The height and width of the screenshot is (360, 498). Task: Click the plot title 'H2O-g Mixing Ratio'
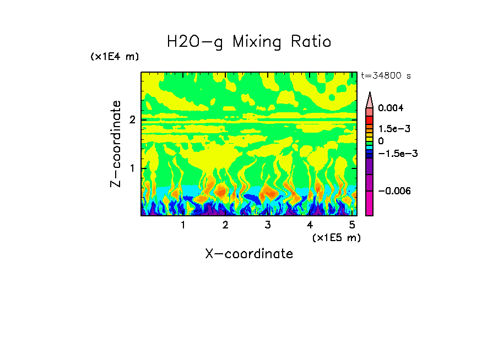249,42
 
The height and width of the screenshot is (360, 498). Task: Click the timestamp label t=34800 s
386,75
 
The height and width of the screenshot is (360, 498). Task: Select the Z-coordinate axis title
116,144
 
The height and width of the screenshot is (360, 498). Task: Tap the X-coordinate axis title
249,254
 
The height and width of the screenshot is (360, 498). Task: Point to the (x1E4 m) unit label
115,57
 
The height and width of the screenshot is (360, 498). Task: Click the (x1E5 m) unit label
336,237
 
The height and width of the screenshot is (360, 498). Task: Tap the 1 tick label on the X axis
183,225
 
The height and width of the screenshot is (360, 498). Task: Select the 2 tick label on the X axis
225,225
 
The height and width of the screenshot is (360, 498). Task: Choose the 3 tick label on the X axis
268,225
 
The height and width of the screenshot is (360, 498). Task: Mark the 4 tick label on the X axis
310,225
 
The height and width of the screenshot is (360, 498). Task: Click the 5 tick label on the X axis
351,225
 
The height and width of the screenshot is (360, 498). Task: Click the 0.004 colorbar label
391,108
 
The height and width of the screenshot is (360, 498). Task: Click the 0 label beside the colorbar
381,141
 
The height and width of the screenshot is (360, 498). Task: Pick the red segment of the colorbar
369,119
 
